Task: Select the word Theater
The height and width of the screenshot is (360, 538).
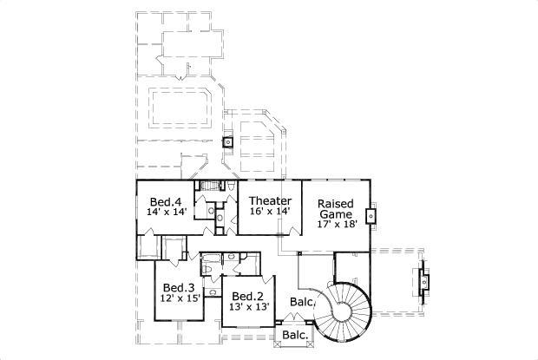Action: pyautogui.click(x=270, y=199)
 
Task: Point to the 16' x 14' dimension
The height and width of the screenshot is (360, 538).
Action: pyautogui.click(x=270, y=210)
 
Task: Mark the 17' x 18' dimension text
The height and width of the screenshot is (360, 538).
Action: pyautogui.click(x=337, y=225)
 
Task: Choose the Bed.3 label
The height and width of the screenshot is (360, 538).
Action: pyautogui.click(x=179, y=288)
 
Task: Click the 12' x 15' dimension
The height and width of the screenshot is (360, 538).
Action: pyautogui.click(x=180, y=299)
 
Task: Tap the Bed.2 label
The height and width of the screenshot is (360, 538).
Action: pyautogui.click(x=248, y=295)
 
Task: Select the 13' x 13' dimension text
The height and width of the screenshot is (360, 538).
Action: pyautogui.click(x=249, y=306)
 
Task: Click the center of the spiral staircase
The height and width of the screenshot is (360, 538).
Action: pyautogui.click(x=345, y=308)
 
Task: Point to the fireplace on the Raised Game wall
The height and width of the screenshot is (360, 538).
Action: pyautogui.click(x=371, y=215)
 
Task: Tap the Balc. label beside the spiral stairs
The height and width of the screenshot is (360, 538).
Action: pyautogui.click(x=301, y=303)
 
